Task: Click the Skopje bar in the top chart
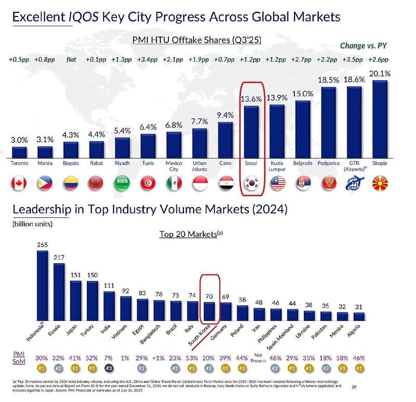point(380,119)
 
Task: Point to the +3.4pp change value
point(147,59)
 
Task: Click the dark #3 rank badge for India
point(109,368)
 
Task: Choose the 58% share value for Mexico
point(342,358)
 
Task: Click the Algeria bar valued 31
point(359,316)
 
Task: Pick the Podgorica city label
point(329,163)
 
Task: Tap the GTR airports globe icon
point(355,183)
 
